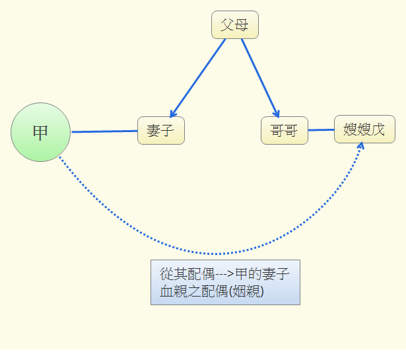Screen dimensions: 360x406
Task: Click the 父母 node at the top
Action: point(234,25)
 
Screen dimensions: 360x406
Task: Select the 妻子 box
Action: point(160,130)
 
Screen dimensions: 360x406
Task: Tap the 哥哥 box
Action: point(284,130)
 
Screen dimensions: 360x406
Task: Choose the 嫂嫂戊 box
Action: point(364,129)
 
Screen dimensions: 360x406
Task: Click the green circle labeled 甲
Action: point(40,132)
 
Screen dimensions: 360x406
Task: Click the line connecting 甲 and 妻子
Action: point(104,131)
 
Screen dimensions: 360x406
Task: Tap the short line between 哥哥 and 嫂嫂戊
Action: point(321,130)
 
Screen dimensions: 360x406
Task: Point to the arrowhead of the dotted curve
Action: point(360,147)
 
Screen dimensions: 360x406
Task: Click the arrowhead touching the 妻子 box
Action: point(173,114)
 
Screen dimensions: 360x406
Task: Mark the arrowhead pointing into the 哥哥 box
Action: point(277,113)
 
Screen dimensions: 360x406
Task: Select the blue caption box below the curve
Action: point(225,282)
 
